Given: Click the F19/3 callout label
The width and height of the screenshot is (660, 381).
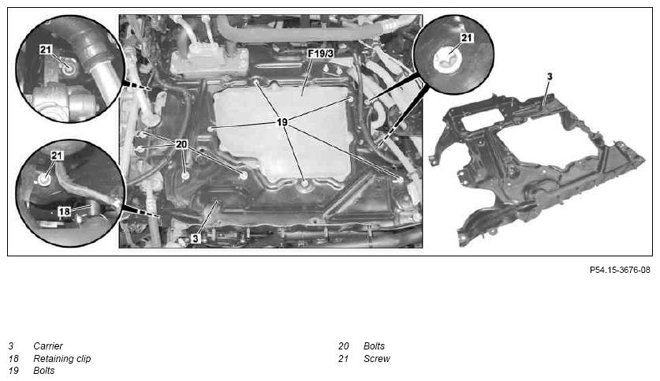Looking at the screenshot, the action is tap(320, 54).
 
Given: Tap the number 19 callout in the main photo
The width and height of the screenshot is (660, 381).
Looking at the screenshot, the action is tap(282, 122).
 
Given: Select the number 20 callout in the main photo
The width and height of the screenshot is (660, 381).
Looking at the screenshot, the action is tap(181, 144).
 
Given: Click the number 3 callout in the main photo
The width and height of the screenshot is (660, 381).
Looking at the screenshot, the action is tap(196, 238).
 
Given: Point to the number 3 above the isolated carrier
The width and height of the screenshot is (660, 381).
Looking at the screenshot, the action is tap(550, 77).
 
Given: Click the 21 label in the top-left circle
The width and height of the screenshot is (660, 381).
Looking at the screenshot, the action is tap(46, 50).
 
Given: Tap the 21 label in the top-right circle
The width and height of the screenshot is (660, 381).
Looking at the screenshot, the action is tap(467, 38).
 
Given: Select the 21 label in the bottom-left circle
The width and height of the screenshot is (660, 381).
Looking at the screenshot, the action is tap(57, 155).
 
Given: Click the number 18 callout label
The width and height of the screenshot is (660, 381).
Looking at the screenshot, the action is tap(64, 211).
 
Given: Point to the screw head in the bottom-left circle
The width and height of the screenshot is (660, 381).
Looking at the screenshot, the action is tap(44, 180).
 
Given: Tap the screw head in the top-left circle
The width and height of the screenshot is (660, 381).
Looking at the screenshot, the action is tap(69, 67).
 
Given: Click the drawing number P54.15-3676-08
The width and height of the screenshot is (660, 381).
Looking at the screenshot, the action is tap(620, 270).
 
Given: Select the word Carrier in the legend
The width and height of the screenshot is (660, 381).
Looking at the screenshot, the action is tap(48, 346).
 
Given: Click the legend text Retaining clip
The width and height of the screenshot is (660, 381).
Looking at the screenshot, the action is tap(62, 359).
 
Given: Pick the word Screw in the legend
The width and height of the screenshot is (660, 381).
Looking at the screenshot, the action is tap(377, 359).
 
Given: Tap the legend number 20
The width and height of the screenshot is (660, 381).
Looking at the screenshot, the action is tap(344, 346).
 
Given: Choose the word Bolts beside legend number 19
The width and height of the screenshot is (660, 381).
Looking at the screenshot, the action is tap(44, 371).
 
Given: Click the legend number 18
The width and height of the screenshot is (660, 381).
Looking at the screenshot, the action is tap(13, 359).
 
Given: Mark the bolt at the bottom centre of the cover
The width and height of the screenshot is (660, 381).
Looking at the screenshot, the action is tap(304, 184).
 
